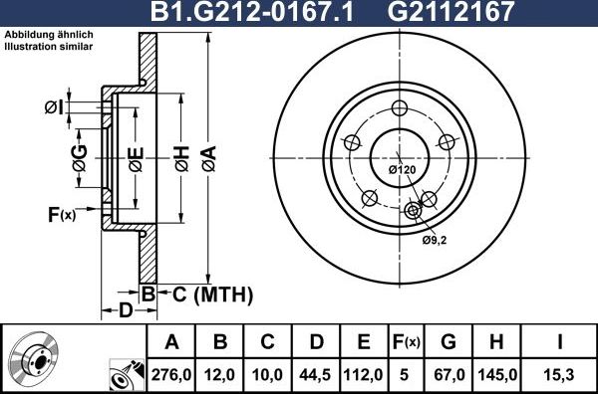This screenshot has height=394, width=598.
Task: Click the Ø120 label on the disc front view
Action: click(402, 170)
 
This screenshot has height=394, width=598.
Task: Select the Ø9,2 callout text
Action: click(434, 240)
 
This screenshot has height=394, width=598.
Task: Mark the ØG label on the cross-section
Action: click(80, 156)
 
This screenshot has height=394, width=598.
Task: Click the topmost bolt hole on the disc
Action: click(400, 109)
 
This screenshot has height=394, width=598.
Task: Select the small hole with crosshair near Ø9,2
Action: click(414, 210)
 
